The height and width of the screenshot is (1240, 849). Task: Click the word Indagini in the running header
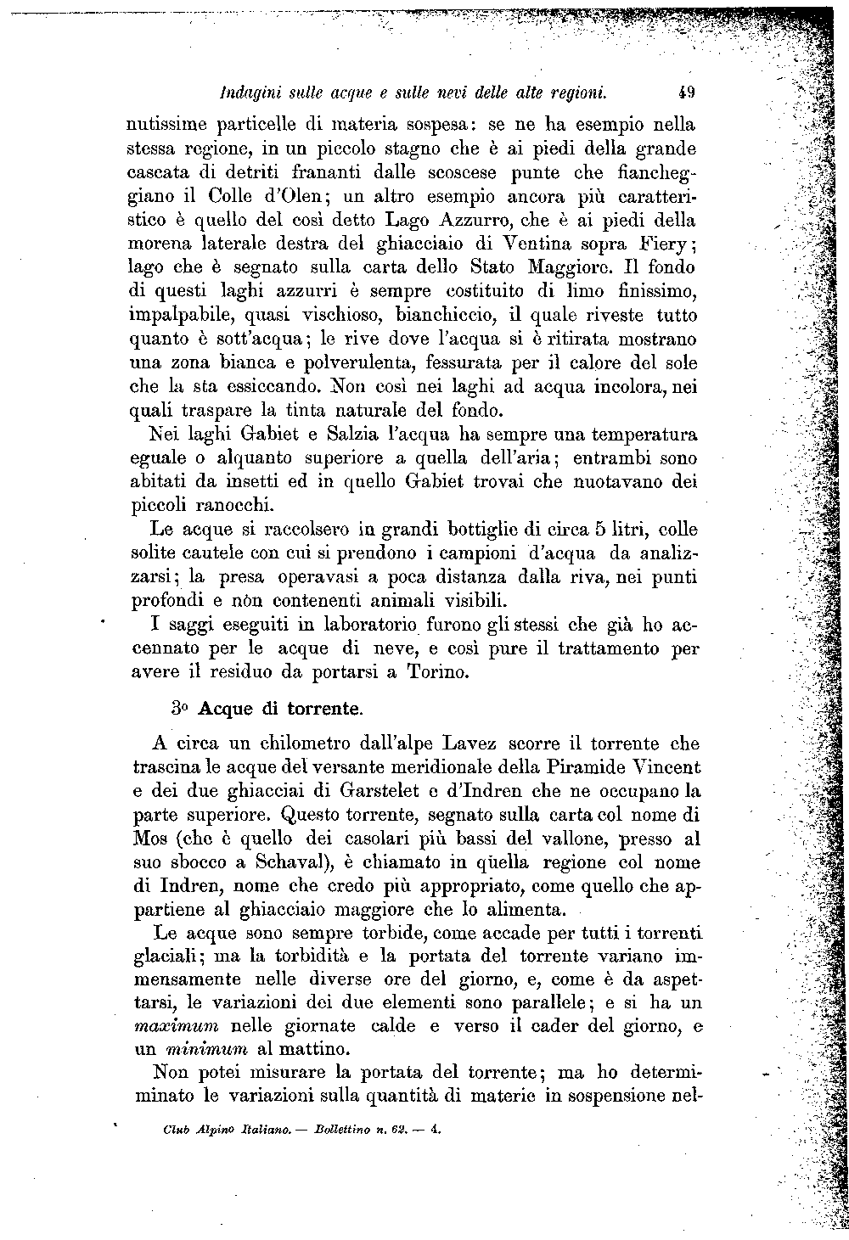coord(245,91)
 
